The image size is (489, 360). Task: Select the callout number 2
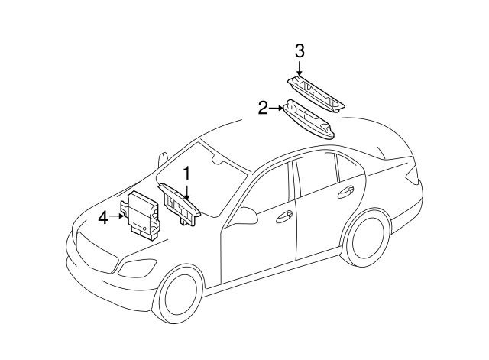[263, 109]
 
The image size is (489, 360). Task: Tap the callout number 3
[300, 51]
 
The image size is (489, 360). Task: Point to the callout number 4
[103, 218]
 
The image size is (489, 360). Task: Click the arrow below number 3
[300, 70]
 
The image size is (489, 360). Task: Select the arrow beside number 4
[118, 217]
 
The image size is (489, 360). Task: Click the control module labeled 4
[143, 213]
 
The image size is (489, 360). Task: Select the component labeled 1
[178, 205]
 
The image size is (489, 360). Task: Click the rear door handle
[345, 191]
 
